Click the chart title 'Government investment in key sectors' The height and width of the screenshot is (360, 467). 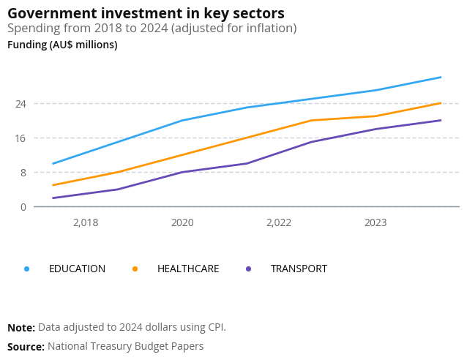(146, 13)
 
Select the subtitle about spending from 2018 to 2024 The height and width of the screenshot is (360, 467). (152, 29)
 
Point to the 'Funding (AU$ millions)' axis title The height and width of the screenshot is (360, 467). (62, 45)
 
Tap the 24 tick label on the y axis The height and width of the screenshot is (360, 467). (21, 103)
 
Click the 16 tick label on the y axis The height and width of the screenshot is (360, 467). (21, 138)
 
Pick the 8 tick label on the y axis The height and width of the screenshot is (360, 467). (23, 172)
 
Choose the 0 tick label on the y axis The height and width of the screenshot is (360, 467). (23, 206)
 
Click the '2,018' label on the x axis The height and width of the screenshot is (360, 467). (86, 222)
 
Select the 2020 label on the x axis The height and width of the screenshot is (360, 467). (182, 222)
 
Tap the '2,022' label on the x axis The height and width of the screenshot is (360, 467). (279, 222)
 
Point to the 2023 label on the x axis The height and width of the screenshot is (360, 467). (376, 222)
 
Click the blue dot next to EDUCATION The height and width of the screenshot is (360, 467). (27, 269)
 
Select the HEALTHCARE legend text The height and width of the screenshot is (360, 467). (188, 269)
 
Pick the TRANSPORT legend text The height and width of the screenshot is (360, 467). (299, 269)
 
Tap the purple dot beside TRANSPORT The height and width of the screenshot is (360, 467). (249, 269)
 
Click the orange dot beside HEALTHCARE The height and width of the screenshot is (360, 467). (135, 269)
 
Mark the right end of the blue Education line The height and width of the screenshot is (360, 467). (441, 77)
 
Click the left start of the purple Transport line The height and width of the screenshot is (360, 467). (53, 198)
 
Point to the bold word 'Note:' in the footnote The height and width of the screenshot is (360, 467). (21, 327)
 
